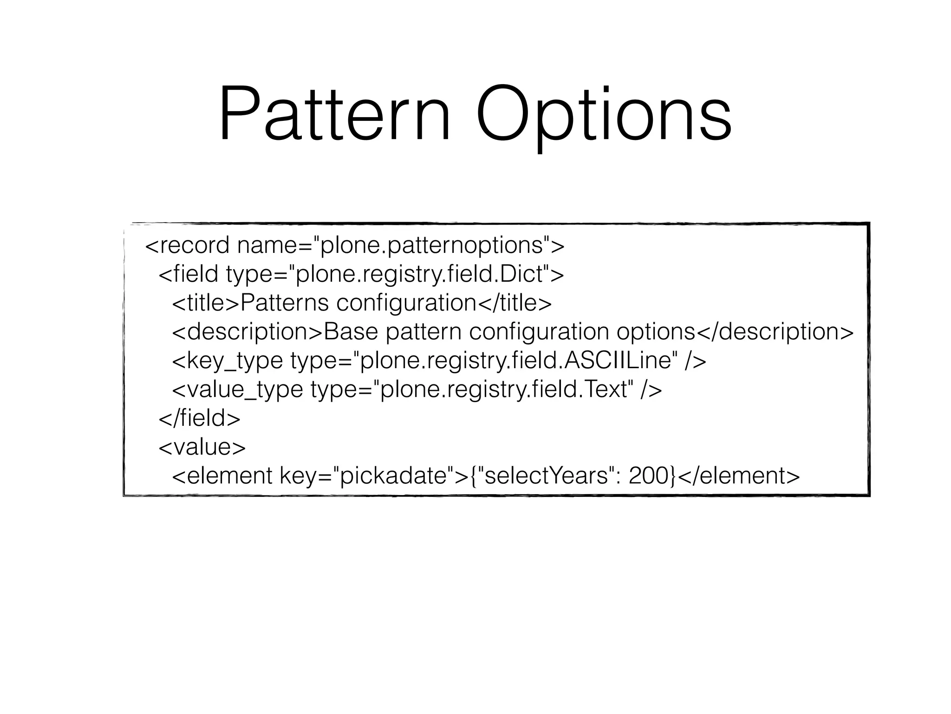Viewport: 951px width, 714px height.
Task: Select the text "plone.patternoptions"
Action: click(x=432, y=245)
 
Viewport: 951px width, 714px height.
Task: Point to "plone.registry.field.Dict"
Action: click(x=420, y=274)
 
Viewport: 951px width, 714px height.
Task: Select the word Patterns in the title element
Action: click(x=285, y=303)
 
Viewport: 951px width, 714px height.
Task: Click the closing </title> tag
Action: click(x=515, y=303)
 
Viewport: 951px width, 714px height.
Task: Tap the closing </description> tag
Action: click(x=775, y=332)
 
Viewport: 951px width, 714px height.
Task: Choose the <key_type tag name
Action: click(x=228, y=361)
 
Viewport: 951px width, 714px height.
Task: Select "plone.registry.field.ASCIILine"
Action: click(x=515, y=361)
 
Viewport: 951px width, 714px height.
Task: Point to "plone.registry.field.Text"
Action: click(x=503, y=390)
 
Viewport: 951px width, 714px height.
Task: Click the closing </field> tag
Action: click(x=200, y=418)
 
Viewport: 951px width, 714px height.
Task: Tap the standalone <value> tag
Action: click(x=202, y=447)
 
